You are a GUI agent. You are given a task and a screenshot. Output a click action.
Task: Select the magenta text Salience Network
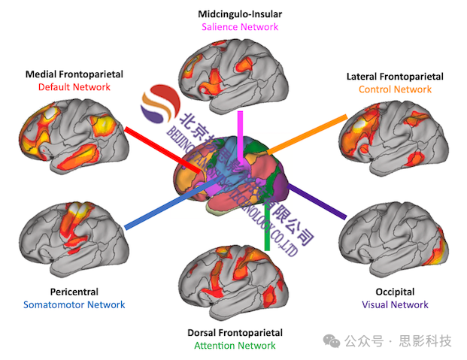tap(240, 27)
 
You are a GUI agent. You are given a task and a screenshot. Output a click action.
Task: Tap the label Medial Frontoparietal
tap(74, 74)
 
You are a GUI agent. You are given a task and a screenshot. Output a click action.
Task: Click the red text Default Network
tap(74, 87)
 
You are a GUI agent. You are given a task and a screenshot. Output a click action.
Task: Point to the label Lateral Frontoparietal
tap(395, 77)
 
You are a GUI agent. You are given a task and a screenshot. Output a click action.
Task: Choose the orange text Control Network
tap(395, 89)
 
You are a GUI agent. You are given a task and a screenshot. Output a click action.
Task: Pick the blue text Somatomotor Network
tap(74, 304)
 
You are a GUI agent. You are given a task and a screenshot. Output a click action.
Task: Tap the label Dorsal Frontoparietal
tap(235, 332)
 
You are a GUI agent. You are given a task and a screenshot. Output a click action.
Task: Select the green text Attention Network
tap(235, 346)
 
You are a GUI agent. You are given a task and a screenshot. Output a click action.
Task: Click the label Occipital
tap(395, 292)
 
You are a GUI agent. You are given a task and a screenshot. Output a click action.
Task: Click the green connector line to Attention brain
tap(267, 225)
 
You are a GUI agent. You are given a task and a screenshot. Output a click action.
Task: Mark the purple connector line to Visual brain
tap(316, 200)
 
